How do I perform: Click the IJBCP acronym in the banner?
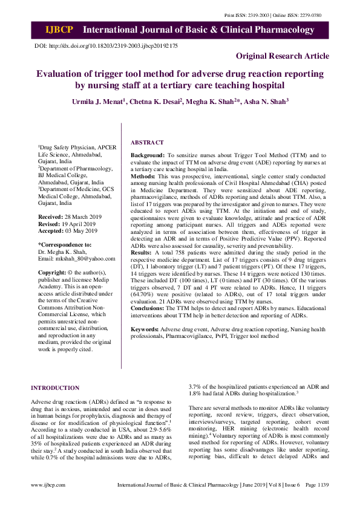[x=59, y=30]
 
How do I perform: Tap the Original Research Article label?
[x=283, y=56]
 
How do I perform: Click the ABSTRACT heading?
[x=147, y=143]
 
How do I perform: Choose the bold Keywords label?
[x=146, y=329]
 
